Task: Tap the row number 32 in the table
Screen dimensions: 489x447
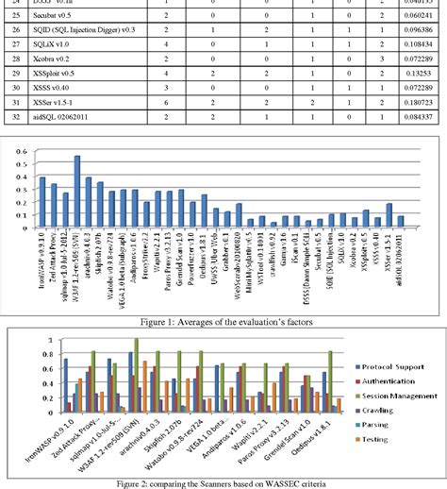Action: point(14,117)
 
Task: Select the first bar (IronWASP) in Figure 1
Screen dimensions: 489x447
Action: point(41,203)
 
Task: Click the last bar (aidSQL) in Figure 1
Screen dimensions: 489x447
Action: point(401,222)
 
